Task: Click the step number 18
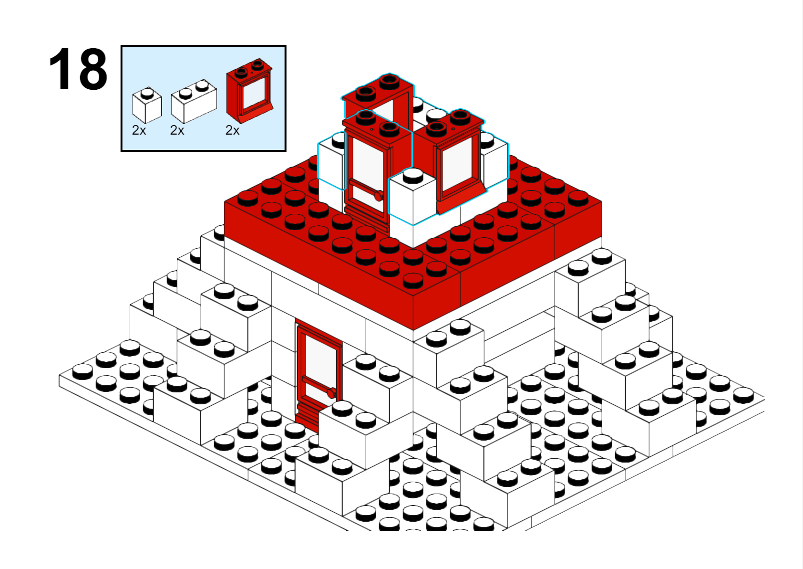78,69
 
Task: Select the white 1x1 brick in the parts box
147,105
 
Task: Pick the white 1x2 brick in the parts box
194,102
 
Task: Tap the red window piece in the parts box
249,91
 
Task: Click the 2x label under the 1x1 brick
139,130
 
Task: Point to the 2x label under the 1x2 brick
177,130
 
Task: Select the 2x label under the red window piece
232,130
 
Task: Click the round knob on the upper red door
379,196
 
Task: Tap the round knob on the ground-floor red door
331,393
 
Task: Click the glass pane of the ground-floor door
320,366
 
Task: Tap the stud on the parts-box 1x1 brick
146,94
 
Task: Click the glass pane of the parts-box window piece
254,93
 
